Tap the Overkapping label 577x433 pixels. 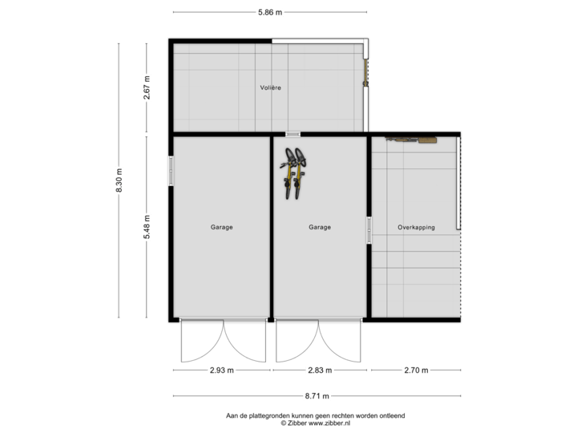(x=416, y=228)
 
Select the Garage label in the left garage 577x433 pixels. (x=222, y=228)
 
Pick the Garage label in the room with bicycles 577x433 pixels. (x=320, y=228)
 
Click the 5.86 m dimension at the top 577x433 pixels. (x=270, y=12)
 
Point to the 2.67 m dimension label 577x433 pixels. (x=147, y=87)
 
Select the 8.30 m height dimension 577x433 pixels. (x=119, y=180)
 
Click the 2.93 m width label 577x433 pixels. (x=222, y=370)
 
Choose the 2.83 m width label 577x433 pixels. (x=320, y=370)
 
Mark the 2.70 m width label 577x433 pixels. (x=416, y=370)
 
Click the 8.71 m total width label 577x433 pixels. (x=317, y=395)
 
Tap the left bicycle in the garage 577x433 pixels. (x=288, y=172)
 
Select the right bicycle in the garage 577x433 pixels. (x=300, y=172)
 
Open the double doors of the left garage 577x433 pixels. (x=223, y=341)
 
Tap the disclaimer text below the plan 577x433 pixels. (x=316, y=418)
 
